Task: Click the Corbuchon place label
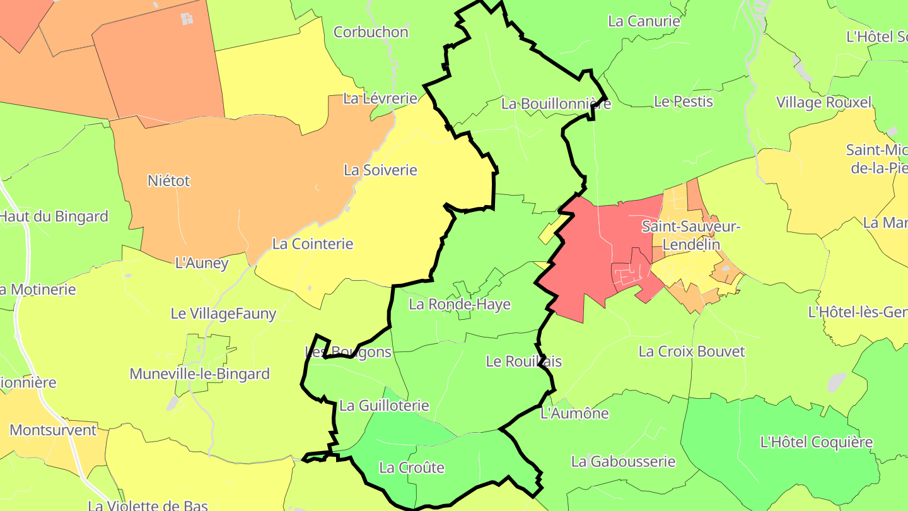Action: [371, 32]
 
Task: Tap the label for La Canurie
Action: [644, 21]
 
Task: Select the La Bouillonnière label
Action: [556, 103]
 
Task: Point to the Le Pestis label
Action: [683, 101]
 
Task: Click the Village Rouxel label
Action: [824, 102]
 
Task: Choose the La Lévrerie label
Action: [380, 98]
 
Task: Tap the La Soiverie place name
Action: [380, 170]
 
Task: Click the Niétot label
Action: [168, 180]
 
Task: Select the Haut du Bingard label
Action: [54, 216]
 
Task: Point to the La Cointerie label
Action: [313, 244]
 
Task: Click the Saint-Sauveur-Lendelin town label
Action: [690, 235]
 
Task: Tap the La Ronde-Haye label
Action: [460, 304]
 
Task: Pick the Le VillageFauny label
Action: [223, 313]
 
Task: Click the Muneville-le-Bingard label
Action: [199, 373]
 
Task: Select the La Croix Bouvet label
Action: [692, 351]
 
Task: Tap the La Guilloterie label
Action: [384, 406]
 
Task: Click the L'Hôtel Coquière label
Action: [817, 442]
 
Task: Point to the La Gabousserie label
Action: [623, 462]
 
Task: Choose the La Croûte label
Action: [412, 467]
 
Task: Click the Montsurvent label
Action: [53, 430]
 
